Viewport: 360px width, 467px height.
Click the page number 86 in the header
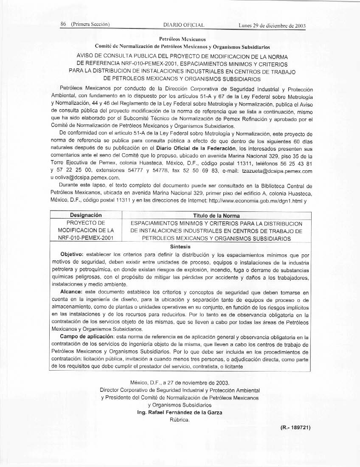coord(64,25)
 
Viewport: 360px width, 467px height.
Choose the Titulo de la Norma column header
coord(216,216)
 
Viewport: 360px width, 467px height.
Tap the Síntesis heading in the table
coord(180,246)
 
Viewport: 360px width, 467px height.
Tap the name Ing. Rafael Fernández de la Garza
coord(180,412)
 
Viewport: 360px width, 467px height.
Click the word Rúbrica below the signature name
coord(180,419)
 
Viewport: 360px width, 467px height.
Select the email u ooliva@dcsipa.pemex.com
coord(85,178)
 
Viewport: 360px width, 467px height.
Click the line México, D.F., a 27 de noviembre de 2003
coord(180,383)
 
